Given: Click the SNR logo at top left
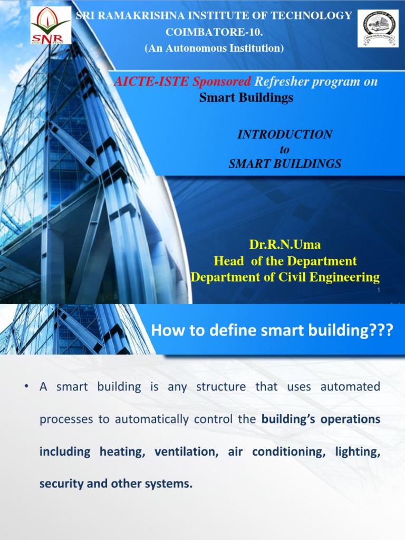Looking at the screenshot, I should pyautogui.click(x=50, y=26).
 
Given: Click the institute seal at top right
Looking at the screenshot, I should pyautogui.click(x=378, y=28).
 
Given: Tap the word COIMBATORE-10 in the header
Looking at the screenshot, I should pyautogui.click(x=214, y=32).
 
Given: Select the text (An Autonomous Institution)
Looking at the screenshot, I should pyautogui.click(x=214, y=49).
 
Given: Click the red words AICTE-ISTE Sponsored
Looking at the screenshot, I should pyautogui.click(x=183, y=82).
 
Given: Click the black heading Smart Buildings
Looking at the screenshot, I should pyautogui.click(x=246, y=98).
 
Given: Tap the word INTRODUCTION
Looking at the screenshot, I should pyautogui.click(x=285, y=134).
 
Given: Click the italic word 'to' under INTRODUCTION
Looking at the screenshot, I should pyautogui.click(x=285, y=149).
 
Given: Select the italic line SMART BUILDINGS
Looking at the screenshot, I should pyautogui.click(x=285, y=164).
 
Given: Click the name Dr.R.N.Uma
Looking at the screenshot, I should pyautogui.click(x=285, y=245).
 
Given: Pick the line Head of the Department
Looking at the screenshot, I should pyautogui.click(x=285, y=261).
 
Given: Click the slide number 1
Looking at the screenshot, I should pyautogui.click(x=379, y=291).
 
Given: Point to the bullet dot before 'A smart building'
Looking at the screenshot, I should pyautogui.click(x=26, y=387).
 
